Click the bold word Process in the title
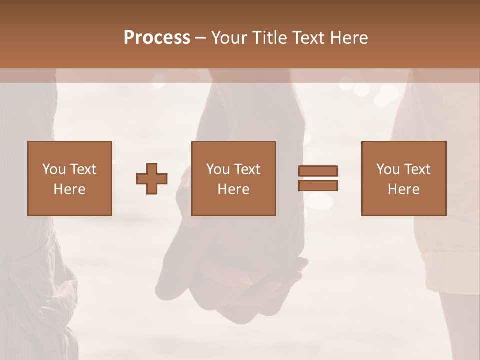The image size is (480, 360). tap(157, 37)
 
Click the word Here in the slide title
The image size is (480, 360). tap(349, 37)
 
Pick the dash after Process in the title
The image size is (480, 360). tap(200, 38)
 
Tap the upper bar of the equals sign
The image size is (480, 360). tap(318, 171)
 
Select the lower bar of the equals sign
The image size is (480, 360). tap(318, 186)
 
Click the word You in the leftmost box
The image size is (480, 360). tap(54, 169)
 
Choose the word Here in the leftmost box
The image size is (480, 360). tap(69, 189)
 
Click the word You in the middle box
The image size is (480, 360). tap(218, 169)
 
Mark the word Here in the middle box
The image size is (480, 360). tap(233, 189)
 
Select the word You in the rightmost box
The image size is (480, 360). tap(388, 169)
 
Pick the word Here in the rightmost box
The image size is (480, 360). tap(403, 189)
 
